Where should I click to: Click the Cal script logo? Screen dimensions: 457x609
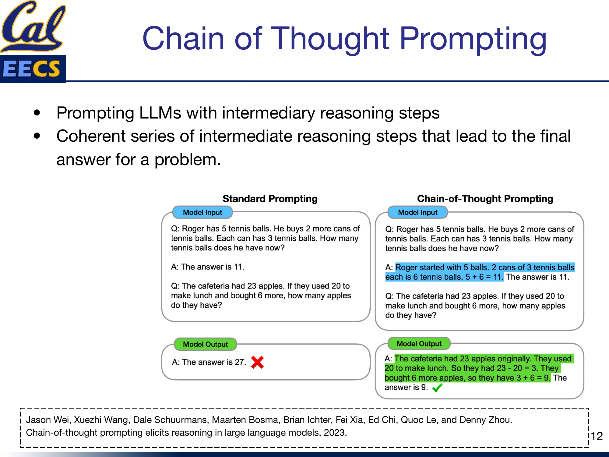pyautogui.click(x=33, y=26)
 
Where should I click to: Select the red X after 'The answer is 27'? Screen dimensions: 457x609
pyautogui.click(x=257, y=362)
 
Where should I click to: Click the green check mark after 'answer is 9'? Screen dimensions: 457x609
pyautogui.click(x=437, y=388)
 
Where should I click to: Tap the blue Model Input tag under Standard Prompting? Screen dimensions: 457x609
pyautogui.click(x=202, y=212)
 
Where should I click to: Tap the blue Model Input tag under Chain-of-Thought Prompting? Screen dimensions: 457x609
pyautogui.click(x=417, y=212)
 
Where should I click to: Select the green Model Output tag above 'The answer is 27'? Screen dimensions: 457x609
pyautogui.click(x=205, y=344)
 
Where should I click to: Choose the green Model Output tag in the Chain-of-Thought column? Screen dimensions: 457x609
pyautogui.click(x=419, y=344)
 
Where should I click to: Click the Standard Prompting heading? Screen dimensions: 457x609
pyautogui.click(x=270, y=199)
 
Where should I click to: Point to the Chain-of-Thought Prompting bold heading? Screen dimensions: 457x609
pyautogui.click(x=485, y=199)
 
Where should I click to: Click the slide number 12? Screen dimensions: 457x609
pyautogui.click(x=597, y=436)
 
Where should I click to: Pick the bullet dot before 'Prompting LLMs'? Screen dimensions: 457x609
pyautogui.click(x=37, y=113)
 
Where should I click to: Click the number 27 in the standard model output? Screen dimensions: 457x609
pyautogui.click(x=239, y=362)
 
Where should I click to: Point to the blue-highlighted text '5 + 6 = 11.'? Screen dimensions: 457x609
pyautogui.click(x=484, y=277)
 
